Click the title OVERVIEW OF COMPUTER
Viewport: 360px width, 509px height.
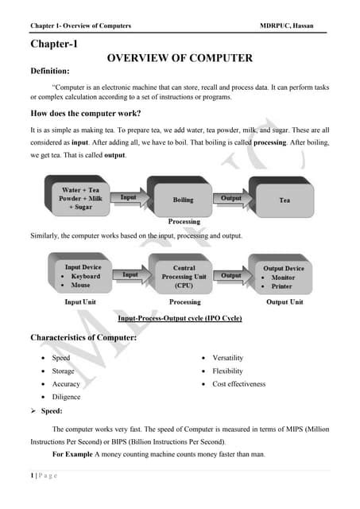coord(180,58)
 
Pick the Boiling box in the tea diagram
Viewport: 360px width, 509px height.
coord(183,200)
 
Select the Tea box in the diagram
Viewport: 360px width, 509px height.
coord(285,200)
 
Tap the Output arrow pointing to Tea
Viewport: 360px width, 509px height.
coord(231,197)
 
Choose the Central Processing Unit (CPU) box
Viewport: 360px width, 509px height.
coord(184,276)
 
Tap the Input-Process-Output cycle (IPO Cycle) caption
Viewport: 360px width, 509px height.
coord(179,318)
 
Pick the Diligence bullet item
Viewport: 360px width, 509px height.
coord(66,396)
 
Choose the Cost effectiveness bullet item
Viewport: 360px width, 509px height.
coord(238,383)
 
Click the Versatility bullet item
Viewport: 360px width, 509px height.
coord(227,358)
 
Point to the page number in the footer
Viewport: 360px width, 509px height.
coord(34,476)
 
